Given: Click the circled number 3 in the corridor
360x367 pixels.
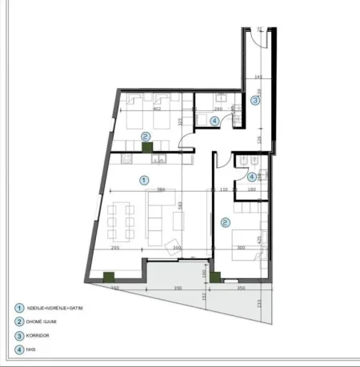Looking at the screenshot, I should pos(254,101).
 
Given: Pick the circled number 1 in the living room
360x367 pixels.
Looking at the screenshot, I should pos(143,180).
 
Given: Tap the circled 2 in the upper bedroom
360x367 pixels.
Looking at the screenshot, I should pos(145,137).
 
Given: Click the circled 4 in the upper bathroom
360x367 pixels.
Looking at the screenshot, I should pos(214,121).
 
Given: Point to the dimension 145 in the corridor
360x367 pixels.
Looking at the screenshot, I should pos(258,77).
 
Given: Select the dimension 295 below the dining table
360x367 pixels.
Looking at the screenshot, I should pos(115,249).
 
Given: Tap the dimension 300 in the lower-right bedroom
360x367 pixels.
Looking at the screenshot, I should pos(241,249).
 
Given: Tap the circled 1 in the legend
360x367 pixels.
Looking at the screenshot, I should pos(18,308).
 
